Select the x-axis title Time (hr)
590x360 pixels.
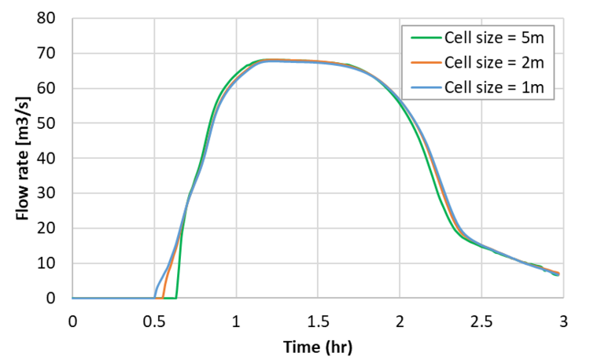coord(318,346)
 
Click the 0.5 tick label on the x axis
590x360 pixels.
coord(154,321)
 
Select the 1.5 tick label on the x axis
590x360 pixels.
coord(318,321)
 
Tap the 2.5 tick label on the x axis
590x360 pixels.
coord(481,321)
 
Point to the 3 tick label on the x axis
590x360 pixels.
coord(563,321)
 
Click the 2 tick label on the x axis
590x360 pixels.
coord(400,321)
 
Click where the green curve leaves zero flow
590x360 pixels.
coord(176,297)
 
